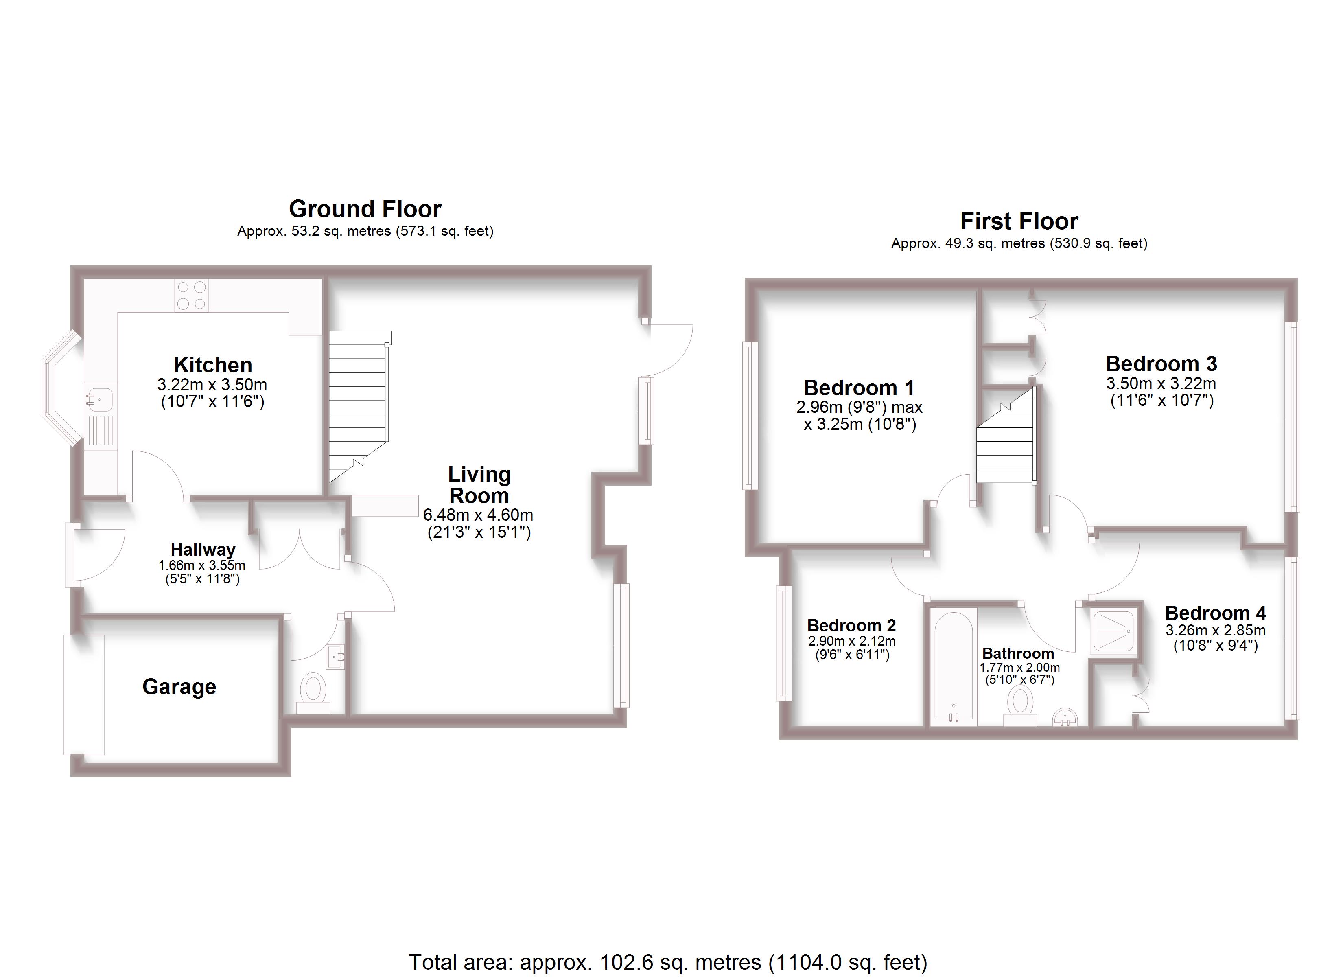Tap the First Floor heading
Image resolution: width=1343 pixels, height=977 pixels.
tap(1019, 221)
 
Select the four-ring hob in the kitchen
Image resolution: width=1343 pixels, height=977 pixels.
tap(191, 295)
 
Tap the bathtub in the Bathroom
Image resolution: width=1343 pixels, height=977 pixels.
tap(953, 666)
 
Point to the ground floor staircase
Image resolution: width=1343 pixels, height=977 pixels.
tap(358, 403)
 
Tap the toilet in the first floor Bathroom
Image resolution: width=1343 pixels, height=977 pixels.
tap(1020, 704)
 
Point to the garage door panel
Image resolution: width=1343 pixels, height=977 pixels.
tap(84, 694)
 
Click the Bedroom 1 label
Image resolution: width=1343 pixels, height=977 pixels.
tap(859, 388)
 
